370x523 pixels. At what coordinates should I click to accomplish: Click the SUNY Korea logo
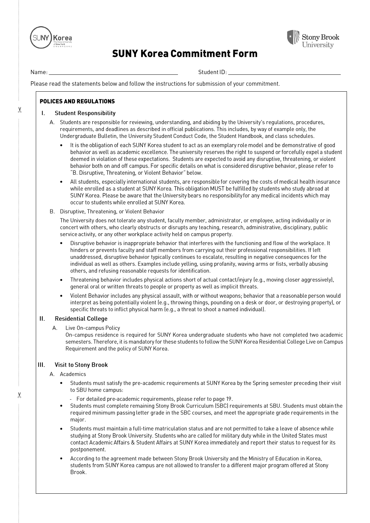[x=51, y=38]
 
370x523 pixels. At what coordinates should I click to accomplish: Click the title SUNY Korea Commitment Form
[x=184, y=54]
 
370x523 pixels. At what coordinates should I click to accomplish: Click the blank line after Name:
[x=113, y=73]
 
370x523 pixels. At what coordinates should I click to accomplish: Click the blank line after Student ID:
[x=284, y=73]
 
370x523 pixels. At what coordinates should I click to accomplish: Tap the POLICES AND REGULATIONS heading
[x=77, y=101]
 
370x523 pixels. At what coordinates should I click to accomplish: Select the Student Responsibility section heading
[x=85, y=113]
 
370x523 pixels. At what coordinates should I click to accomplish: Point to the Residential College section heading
[x=81, y=319]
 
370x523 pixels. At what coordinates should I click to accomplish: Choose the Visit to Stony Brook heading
[x=81, y=365]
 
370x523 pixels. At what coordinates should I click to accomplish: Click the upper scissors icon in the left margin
[x=20, y=110]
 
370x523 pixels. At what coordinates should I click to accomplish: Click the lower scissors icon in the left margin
[x=20, y=395]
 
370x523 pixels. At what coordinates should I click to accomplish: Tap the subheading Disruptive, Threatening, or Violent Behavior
[x=112, y=212]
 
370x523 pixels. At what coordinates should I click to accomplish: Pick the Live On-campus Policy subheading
[x=93, y=328]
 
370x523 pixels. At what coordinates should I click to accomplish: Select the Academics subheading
[x=73, y=374]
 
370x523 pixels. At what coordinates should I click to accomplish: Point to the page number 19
[x=229, y=399]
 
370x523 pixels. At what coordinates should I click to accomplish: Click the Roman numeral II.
[x=42, y=319]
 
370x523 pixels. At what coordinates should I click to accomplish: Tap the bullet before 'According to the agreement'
[x=61, y=459]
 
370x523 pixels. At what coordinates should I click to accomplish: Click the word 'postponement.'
[x=88, y=450]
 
